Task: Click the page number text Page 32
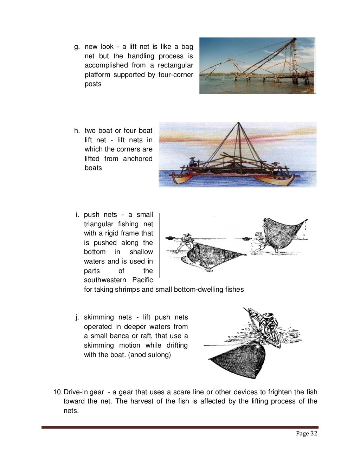click(x=307, y=433)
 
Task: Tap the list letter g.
click(x=76, y=47)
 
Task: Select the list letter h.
click(x=77, y=131)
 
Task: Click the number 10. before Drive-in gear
click(x=57, y=392)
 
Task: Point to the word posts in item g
click(x=93, y=84)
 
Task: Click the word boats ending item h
click(x=93, y=168)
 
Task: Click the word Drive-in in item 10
click(x=75, y=392)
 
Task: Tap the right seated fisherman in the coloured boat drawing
click(x=278, y=168)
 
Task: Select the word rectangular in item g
click(x=175, y=65)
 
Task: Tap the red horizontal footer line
click(x=180, y=427)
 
